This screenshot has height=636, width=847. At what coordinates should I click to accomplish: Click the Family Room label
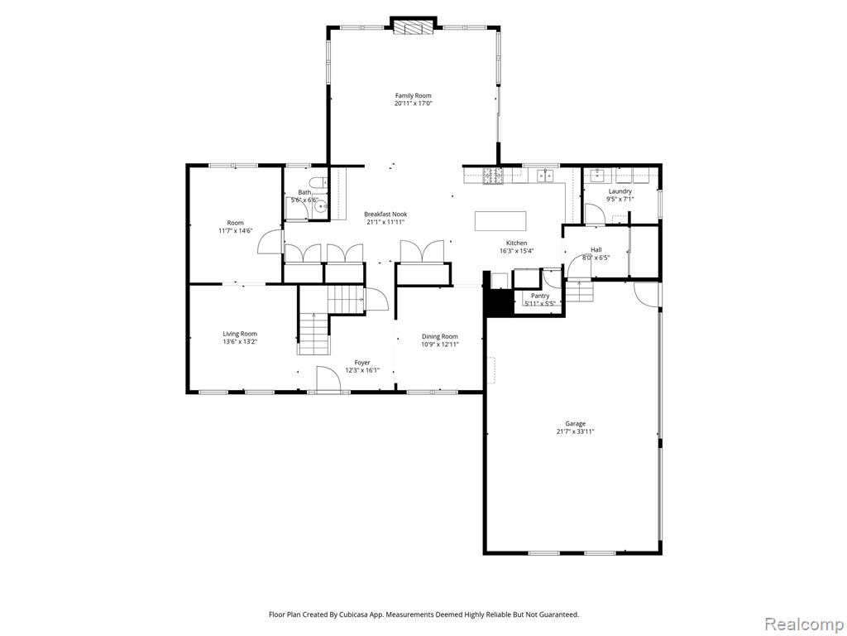(414, 96)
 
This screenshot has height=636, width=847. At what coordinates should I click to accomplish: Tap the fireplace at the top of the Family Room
(414, 26)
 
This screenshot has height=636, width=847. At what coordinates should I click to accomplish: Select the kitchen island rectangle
(500, 221)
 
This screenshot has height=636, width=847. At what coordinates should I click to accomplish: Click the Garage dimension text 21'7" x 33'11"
(576, 431)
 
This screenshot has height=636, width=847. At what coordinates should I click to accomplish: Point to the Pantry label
(540, 296)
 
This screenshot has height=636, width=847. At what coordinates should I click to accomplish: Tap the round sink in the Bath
(322, 206)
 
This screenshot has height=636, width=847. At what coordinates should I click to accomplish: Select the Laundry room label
(620, 191)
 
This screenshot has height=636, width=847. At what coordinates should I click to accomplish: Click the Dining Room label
(440, 336)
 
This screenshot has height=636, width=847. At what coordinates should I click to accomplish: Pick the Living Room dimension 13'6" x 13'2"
(240, 342)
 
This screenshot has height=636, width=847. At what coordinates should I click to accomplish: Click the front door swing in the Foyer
(328, 378)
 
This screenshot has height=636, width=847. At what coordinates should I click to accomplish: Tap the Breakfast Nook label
(385, 214)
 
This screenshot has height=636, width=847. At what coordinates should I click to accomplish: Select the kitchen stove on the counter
(493, 176)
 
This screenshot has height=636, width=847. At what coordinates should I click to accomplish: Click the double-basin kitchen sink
(544, 175)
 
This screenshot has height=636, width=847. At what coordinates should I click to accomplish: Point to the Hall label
(596, 250)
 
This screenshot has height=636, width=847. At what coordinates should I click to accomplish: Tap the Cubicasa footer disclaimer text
(424, 614)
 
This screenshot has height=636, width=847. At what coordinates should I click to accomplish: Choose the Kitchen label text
(516, 243)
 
